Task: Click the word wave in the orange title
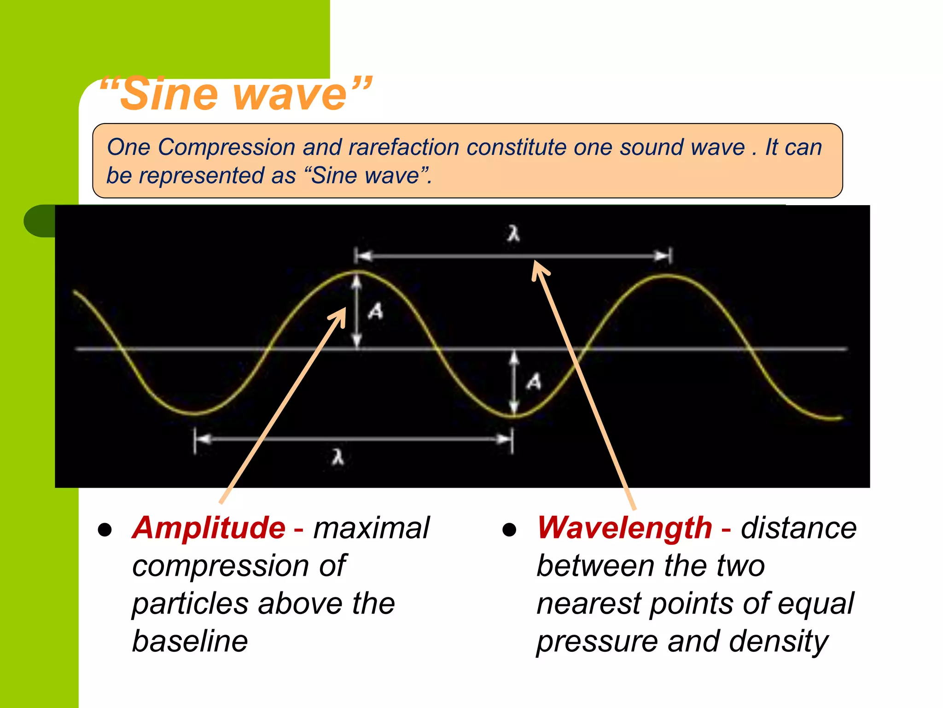click(290, 96)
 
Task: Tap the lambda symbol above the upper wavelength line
click(514, 233)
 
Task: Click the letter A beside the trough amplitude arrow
click(534, 382)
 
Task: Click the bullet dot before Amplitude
click(105, 530)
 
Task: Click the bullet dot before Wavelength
click(509, 530)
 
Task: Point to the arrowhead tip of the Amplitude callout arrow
click(344, 308)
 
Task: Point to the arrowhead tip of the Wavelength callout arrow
click(535, 261)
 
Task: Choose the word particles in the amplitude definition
click(191, 604)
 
